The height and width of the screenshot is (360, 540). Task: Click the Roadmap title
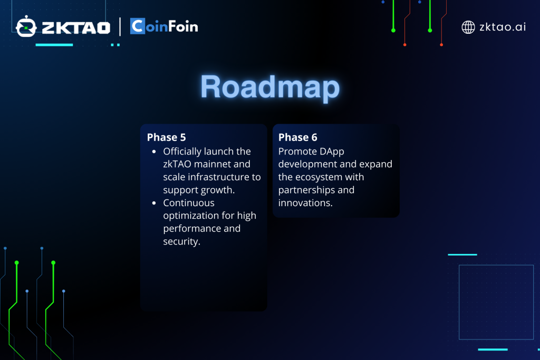coord(270,87)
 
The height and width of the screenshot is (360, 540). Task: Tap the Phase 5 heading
coord(166,138)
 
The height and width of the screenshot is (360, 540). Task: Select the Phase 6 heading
coord(297,138)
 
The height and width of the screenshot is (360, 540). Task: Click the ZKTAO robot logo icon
coord(26,26)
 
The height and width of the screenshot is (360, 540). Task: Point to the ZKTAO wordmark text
coord(76,28)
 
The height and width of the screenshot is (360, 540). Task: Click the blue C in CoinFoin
coord(138,26)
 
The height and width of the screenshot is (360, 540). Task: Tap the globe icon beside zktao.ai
coord(468,27)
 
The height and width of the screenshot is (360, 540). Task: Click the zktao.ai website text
coord(503,27)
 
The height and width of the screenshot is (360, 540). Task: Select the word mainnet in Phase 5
coord(222,164)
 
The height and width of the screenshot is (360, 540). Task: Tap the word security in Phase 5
coord(181,241)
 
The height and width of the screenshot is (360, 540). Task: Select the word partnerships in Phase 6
coord(301,190)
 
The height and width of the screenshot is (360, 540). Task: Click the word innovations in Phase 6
coord(305,203)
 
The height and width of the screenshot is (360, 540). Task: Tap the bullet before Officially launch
coord(154,151)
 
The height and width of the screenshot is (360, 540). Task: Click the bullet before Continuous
coord(154,203)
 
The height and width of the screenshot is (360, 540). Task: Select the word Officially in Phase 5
coord(182,152)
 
